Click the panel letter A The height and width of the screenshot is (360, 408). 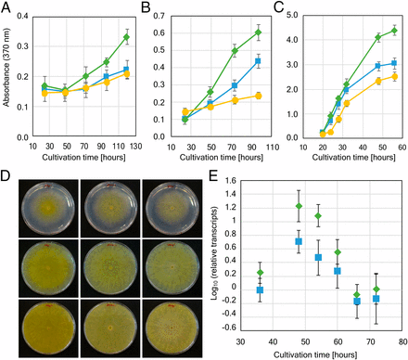tap(6, 8)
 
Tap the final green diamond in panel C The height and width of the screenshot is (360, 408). tap(394, 31)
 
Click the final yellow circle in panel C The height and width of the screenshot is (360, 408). tap(394, 76)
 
